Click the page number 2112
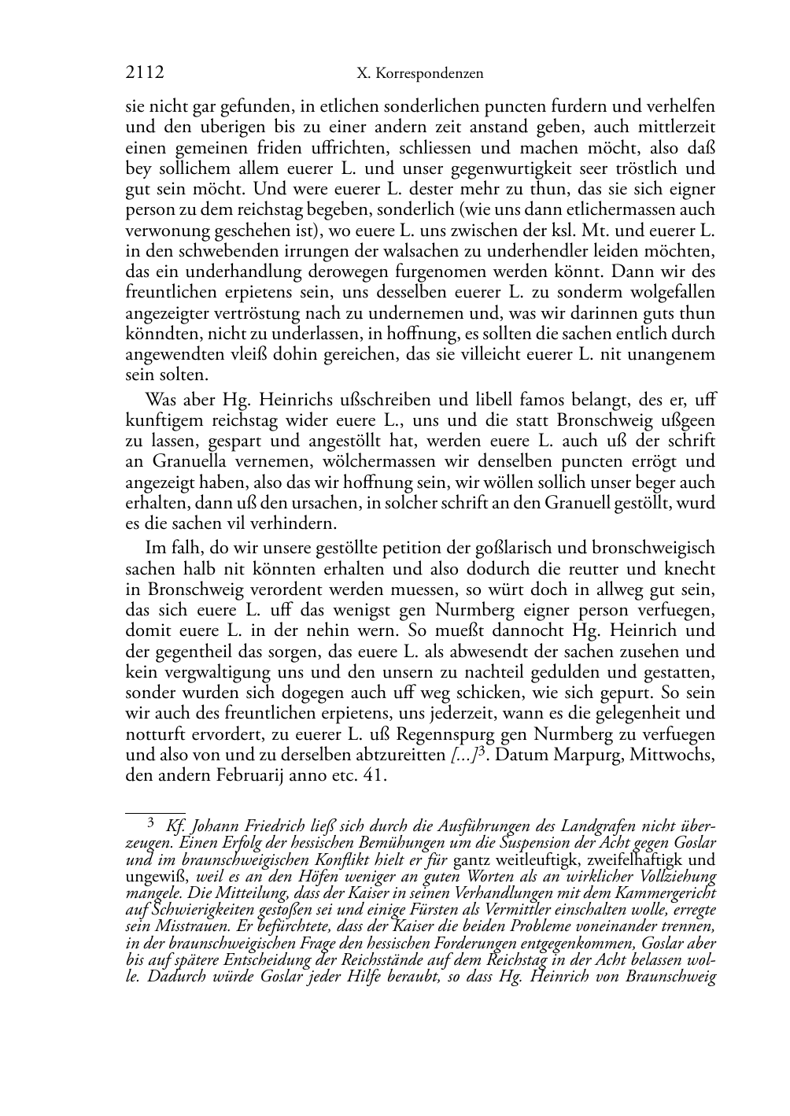[x=145, y=73]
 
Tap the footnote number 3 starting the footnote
[x=152, y=824]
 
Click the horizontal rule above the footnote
[x=155, y=812]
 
